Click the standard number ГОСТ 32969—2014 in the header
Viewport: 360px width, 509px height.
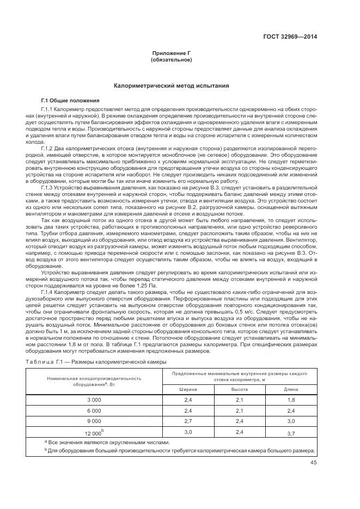point(290,37)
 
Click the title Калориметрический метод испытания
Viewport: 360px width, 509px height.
point(171,86)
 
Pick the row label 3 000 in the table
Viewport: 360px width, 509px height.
point(94,400)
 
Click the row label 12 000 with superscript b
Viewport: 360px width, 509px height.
point(94,432)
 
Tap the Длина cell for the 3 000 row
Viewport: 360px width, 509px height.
point(291,400)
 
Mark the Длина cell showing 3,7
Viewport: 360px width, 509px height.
point(291,433)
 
